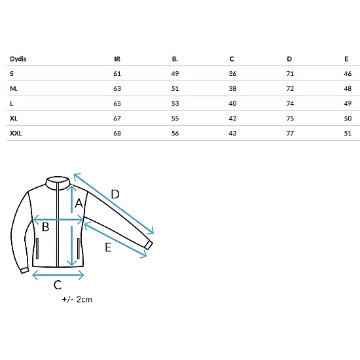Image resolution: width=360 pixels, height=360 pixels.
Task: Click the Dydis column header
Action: click(18, 59)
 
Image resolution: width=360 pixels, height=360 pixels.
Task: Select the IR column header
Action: click(117, 59)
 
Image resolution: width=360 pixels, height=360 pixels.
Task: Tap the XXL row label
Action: click(16, 133)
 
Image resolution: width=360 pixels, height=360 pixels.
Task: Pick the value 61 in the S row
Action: click(117, 74)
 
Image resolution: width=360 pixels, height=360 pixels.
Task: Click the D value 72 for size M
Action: click(290, 88)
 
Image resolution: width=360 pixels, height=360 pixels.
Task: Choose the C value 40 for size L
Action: click(232, 103)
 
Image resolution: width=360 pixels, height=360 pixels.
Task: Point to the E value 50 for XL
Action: click(348, 118)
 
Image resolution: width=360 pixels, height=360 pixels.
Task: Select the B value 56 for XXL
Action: click(175, 133)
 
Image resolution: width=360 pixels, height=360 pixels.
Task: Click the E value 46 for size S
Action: click(348, 74)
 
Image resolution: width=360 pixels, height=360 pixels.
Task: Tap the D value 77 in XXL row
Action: click(290, 133)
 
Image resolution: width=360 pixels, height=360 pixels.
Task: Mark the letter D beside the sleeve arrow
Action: click(115, 194)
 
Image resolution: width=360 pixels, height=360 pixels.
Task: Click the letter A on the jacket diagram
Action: click(79, 203)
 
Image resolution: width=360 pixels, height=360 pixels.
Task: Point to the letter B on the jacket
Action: click(45, 227)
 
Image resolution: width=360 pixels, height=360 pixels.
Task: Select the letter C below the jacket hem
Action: click(58, 285)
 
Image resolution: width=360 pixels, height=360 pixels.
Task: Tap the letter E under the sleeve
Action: click(108, 247)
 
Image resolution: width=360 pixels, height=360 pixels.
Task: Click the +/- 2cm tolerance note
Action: click(77, 299)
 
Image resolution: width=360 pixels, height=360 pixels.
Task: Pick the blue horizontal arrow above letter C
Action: click(58, 275)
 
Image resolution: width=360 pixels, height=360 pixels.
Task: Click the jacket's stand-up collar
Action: click(58, 183)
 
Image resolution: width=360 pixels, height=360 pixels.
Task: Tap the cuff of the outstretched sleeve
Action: click(149, 245)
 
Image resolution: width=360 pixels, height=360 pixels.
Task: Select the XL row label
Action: click(14, 118)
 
